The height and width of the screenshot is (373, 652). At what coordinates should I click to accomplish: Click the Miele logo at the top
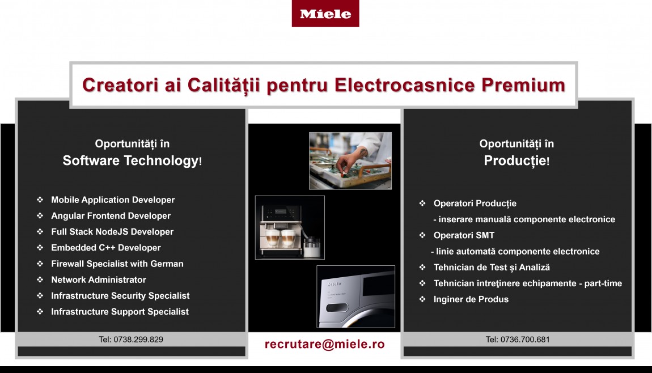[325, 14]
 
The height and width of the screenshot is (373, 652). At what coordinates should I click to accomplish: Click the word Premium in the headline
[523, 85]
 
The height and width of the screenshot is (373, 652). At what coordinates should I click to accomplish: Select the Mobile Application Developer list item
[113, 200]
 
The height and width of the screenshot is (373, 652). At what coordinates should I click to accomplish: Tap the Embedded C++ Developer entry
[105, 248]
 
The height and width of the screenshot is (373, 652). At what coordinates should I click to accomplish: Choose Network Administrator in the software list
[99, 280]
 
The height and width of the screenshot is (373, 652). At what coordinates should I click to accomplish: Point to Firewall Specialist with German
[117, 264]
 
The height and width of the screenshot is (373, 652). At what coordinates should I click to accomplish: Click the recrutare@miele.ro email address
[325, 344]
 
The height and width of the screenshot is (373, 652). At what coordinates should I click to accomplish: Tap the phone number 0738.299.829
[131, 340]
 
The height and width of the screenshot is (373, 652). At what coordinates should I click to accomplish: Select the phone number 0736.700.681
[518, 340]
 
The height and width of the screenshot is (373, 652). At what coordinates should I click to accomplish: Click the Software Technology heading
[132, 160]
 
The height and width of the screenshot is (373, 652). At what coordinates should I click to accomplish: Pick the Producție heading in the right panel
[516, 160]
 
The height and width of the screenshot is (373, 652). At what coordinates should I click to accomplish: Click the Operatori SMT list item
[464, 235]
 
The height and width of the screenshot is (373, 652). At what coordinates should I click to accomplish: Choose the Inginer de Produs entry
[471, 299]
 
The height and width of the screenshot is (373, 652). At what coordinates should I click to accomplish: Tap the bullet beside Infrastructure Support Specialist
[40, 311]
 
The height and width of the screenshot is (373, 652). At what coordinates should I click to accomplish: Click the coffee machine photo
[290, 227]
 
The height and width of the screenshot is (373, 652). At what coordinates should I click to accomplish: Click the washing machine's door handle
[337, 308]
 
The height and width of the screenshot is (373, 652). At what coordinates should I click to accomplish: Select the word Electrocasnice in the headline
[405, 85]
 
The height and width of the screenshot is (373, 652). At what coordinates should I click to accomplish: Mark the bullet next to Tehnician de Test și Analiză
[422, 268]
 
